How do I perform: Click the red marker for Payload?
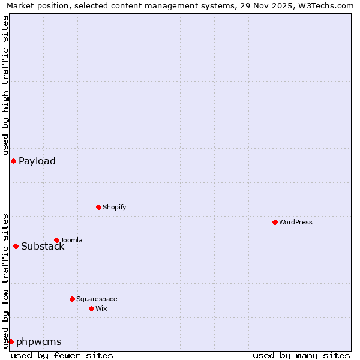tap(13, 161)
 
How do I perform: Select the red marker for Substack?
tap(16, 246)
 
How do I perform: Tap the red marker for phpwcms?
tap(11, 341)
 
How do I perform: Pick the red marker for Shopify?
tap(98, 207)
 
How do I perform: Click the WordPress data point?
tap(275, 222)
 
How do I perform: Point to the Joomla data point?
tap(56, 240)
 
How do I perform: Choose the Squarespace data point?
tap(72, 299)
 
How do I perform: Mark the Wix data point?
tap(91, 308)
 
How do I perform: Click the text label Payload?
tap(37, 161)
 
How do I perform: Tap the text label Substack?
tap(43, 247)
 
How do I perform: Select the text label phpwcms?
tap(39, 342)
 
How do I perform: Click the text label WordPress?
tap(296, 222)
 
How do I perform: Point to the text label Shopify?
tap(115, 207)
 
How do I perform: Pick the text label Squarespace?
tap(97, 299)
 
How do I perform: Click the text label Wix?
tap(101, 308)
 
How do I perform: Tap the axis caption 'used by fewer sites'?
tap(62, 355)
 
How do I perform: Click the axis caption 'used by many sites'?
tap(301, 355)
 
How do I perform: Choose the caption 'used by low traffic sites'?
tap(6, 281)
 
